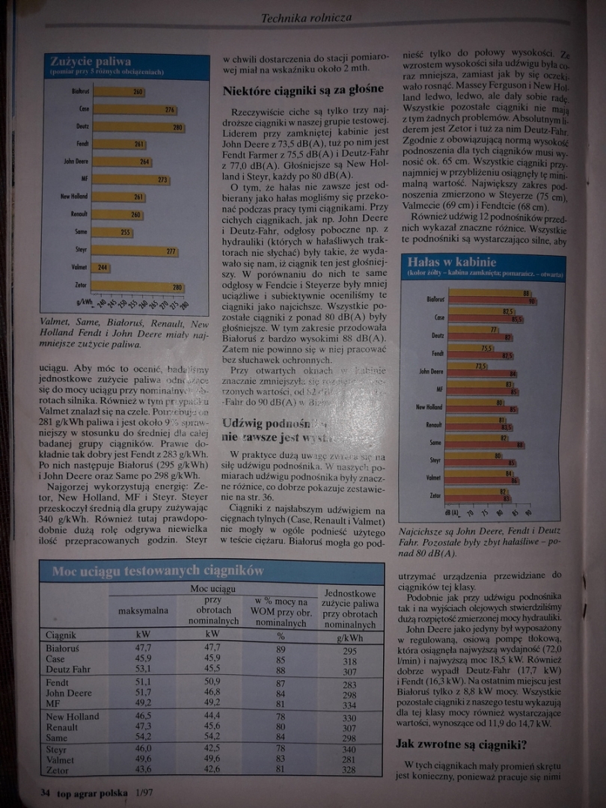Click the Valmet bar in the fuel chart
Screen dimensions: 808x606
point(100,267)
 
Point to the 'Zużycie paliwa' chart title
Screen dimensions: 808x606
point(91,62)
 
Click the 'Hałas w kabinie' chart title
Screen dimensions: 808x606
point(451,263)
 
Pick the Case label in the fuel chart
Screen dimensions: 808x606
point(85,109)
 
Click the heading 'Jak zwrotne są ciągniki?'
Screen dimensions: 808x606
point(461,744)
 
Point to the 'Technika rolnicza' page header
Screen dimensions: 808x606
point(306,17)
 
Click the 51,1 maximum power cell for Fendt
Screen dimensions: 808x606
point(143,683)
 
